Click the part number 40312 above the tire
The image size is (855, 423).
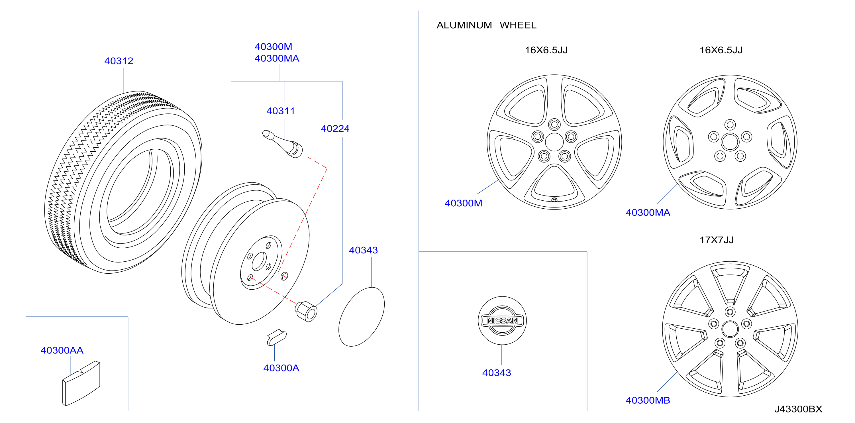coord(119,61)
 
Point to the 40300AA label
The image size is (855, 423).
coord(62,350)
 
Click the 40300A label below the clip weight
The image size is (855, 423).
coord(281,368)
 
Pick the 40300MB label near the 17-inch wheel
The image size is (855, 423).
coord(648,400)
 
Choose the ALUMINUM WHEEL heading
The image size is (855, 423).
coord(486,25)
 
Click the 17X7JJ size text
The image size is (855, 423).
coord(717,240)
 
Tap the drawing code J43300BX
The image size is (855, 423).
coord(798,409)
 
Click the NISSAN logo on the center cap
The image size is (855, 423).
coord(502,321)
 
